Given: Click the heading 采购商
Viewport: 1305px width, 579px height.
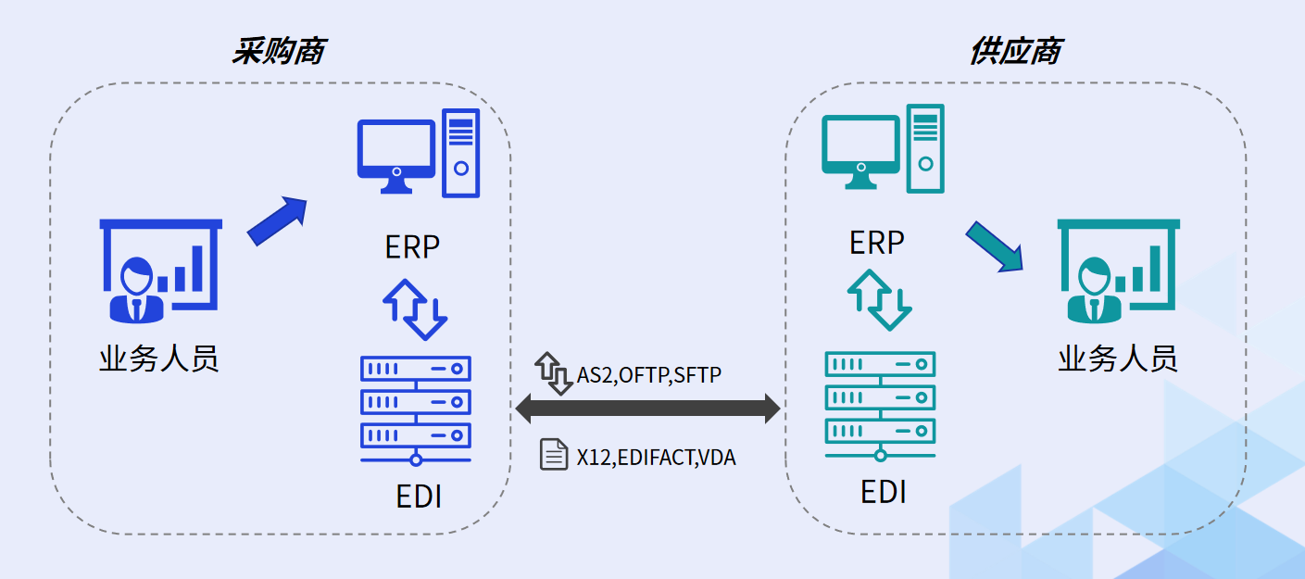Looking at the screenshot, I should (277, 52).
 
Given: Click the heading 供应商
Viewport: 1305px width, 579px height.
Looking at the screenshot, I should (1014, 52).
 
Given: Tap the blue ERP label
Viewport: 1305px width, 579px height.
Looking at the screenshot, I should (412, 247).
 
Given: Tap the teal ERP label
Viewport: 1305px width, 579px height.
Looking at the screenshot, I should (876, 243).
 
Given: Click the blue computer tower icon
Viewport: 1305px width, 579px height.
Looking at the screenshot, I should (461, 153).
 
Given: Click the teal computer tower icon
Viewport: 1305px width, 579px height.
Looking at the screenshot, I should (925, 148).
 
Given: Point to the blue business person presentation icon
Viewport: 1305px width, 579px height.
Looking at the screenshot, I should (160, 270).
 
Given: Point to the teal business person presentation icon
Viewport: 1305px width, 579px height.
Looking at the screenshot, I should (1118, 270).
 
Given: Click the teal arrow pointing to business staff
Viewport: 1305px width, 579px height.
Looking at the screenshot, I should (994, 245).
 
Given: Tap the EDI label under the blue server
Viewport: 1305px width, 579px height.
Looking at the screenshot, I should (419, 497).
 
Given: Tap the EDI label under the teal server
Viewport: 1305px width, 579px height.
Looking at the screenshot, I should (883, 492).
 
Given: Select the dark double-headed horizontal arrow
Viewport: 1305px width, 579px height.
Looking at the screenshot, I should (647, 408).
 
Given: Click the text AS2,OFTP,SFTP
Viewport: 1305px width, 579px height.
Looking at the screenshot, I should (649, 375).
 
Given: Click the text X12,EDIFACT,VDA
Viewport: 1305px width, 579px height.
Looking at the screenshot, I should (657, 457).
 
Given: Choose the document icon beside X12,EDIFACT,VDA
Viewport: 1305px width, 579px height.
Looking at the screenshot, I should (554, 455).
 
